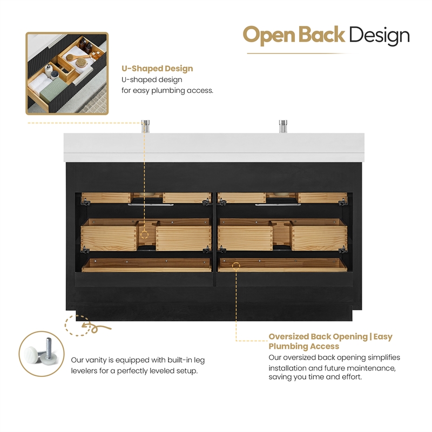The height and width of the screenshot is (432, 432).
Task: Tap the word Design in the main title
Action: (379, 36)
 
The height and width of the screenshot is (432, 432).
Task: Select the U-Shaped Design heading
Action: (157, 69)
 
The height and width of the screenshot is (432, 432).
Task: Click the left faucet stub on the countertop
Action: (145, 126)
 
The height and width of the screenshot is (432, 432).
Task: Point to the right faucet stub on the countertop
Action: (282, 126)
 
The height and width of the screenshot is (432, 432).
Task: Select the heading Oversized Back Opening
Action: (318, 336)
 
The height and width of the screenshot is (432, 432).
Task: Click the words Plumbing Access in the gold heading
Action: (304, 346)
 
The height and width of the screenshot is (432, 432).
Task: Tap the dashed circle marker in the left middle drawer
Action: (144, 234)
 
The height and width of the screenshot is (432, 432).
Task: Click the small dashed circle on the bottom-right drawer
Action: (236, 265)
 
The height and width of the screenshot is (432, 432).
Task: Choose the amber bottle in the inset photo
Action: (85, 45)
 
